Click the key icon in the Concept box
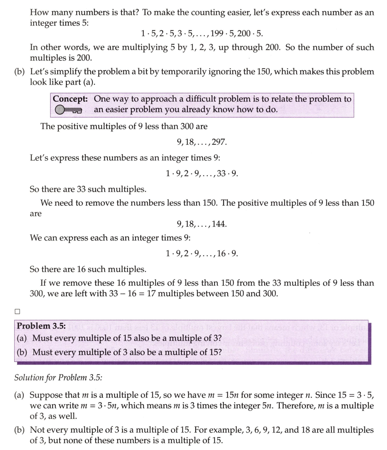click(67, 110)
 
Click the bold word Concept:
click(71, 99)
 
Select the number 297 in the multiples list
click(220, 142)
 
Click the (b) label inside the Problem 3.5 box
click(21, 352)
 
